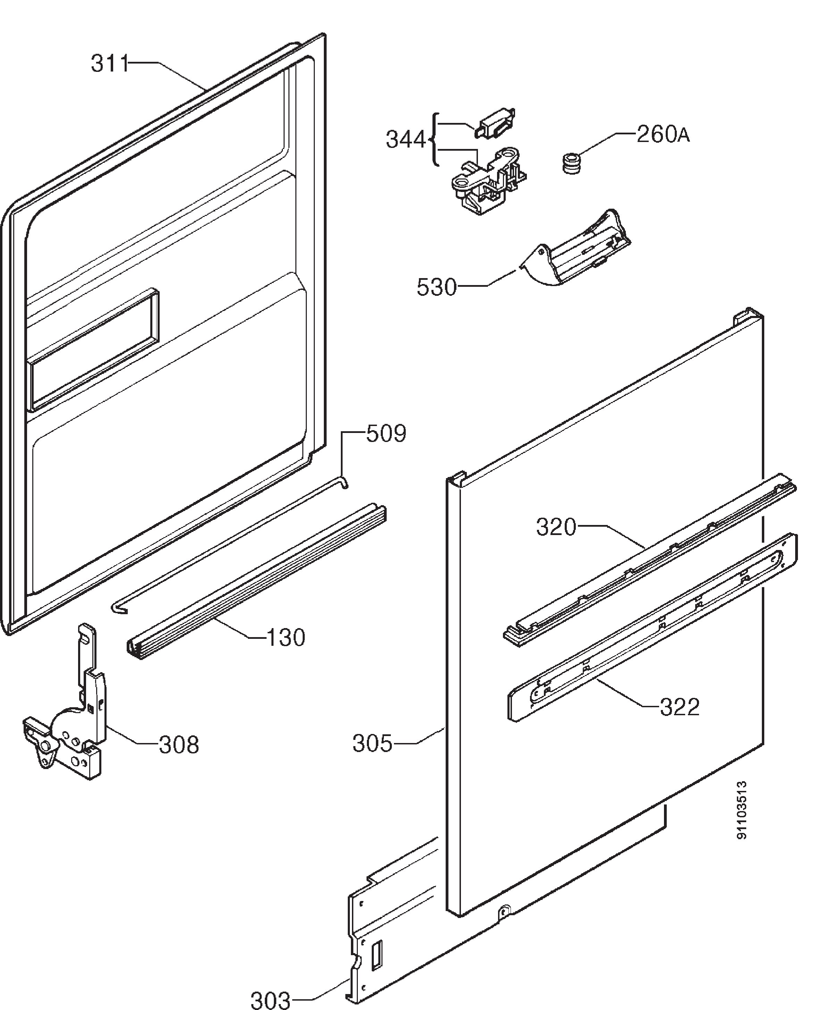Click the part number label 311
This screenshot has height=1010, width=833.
tap(110, 64)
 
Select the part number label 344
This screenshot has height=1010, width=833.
tap(406, 140)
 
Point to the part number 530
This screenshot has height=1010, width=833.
tap(437, 287)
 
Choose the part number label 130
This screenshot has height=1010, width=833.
tap(286, 638)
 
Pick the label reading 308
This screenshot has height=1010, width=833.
tap(179, 745)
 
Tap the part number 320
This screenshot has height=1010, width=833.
tap(556, 527)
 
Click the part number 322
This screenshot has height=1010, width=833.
tap(680, 707)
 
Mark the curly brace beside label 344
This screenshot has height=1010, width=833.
tap(435, 140)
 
